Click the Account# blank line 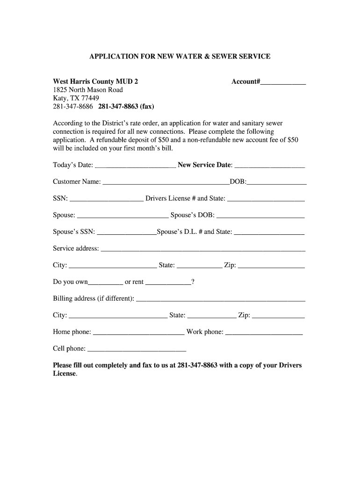coord(283,83)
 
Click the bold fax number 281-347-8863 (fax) coord(126,106)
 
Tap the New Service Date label coord(204,165)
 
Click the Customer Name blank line coord(166,183)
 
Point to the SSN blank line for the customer coord(106,200)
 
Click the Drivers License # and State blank coord(266,200)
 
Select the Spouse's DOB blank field coord(260,217)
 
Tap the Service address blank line coord(203,250)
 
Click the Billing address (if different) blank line coord(220,300)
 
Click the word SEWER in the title coord(225,56)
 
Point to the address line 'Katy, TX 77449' coord(76,98)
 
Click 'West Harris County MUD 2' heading coord(95,81)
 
